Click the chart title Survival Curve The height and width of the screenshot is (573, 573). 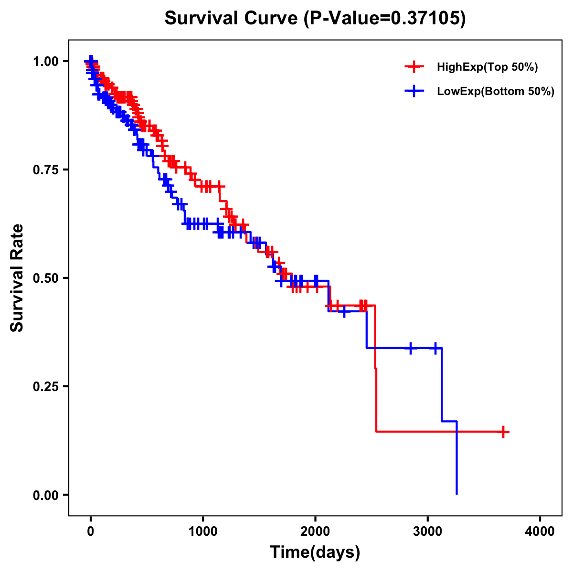(x=232, y=19)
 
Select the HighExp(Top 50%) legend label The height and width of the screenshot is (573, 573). (x=487, y=67)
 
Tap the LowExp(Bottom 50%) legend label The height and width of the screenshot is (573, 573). (x=496, y=92)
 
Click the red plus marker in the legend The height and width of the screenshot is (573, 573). (x=414, y=67)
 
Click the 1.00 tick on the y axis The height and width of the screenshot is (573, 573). (x=45, y=61)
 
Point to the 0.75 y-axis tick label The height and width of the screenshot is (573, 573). (x=45, y=170)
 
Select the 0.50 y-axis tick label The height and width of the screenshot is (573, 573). (x=45, y=278)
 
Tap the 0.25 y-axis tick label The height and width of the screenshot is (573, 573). (x=45, y=386)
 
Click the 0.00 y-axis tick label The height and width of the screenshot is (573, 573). (x=45, y=495)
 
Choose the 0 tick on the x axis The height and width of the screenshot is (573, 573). (x=91, y=532)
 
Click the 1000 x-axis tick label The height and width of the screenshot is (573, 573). (x=203, y=532)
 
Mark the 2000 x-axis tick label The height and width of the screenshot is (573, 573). (x=315, y=532)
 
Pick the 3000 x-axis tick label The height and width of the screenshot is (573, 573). (x=428, y=532)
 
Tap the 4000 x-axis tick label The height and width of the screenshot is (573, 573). (x=540, y=532)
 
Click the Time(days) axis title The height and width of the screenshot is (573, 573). (x=315, y=552)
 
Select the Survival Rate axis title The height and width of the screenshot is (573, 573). (x=17, y=278)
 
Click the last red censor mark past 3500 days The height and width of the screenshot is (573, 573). (x=502, y=432)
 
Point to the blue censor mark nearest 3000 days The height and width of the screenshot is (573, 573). (x=435, y=348)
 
